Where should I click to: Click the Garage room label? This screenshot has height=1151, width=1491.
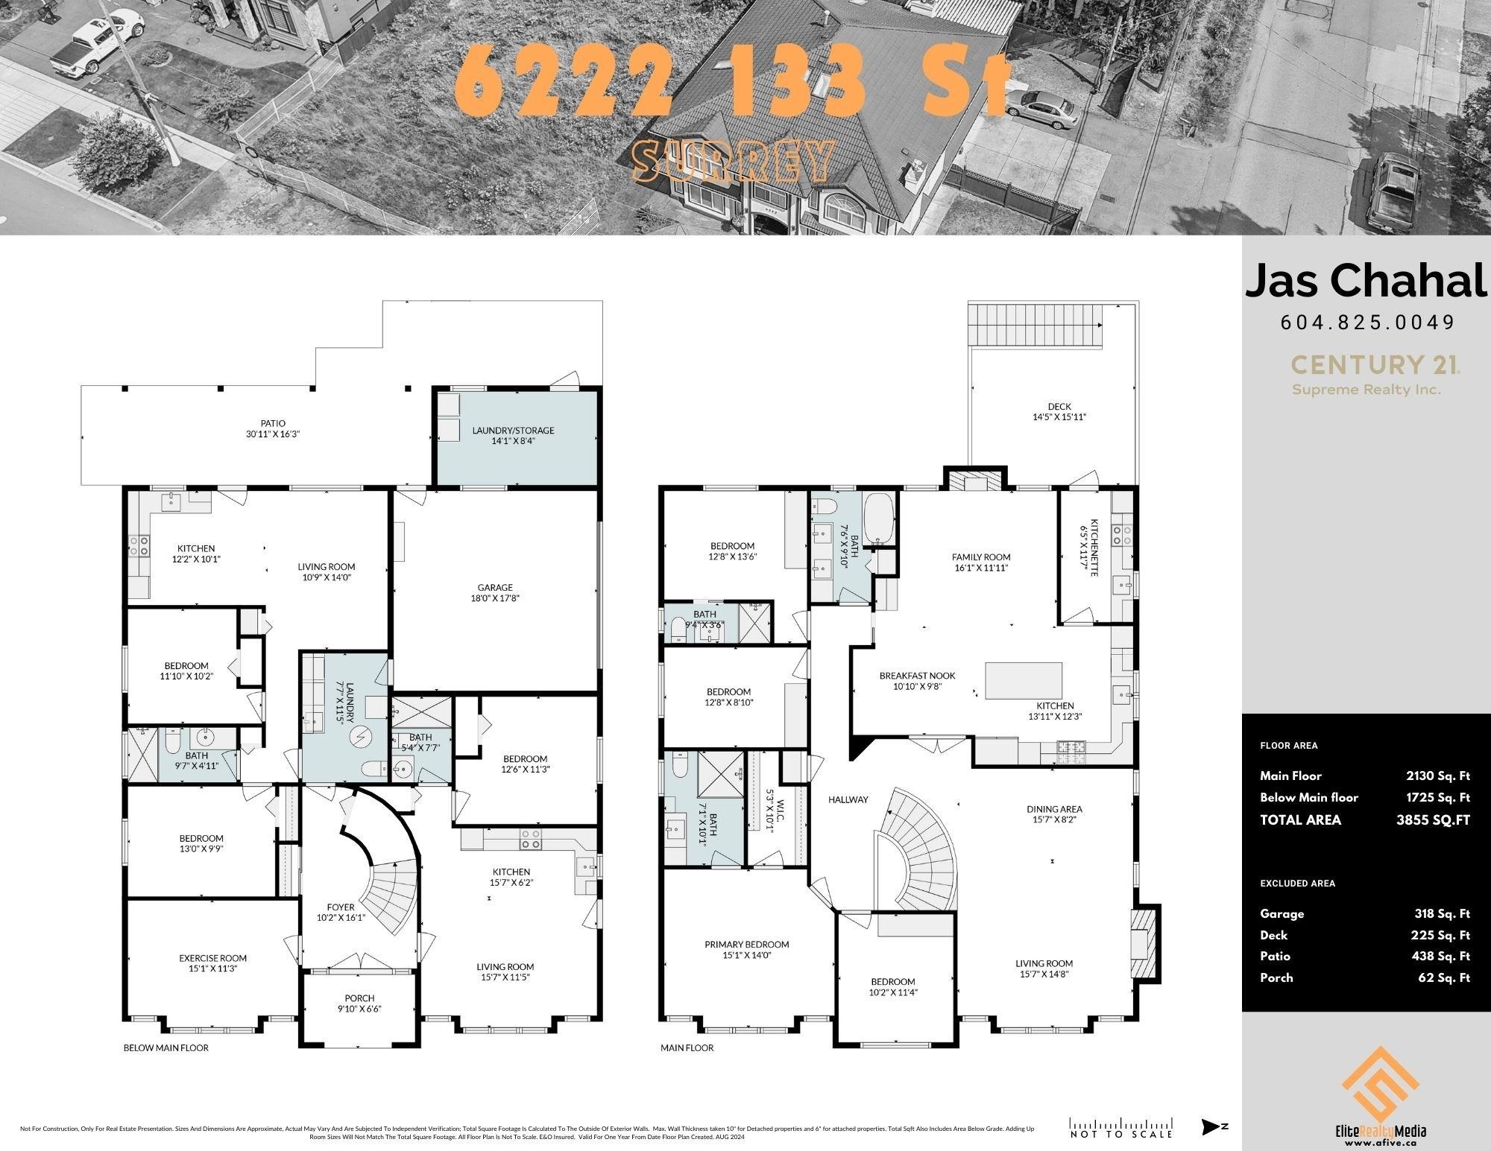click(495, 592)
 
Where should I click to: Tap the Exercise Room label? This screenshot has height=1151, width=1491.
click(212, 963)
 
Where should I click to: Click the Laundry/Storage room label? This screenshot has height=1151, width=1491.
click(513, 435)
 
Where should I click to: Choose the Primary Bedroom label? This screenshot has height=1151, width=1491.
click(746, 949)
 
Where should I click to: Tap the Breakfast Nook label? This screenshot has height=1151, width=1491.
click(917, 681)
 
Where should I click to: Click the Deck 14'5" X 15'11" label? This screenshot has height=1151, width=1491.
click(1059, 411)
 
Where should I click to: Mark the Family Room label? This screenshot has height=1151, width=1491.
click(981, 562)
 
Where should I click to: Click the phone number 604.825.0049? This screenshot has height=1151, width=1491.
click(1367, 322)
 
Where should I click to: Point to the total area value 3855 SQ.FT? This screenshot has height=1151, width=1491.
click(1433, 819)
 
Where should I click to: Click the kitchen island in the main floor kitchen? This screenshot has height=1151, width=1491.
click(1024, 679)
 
